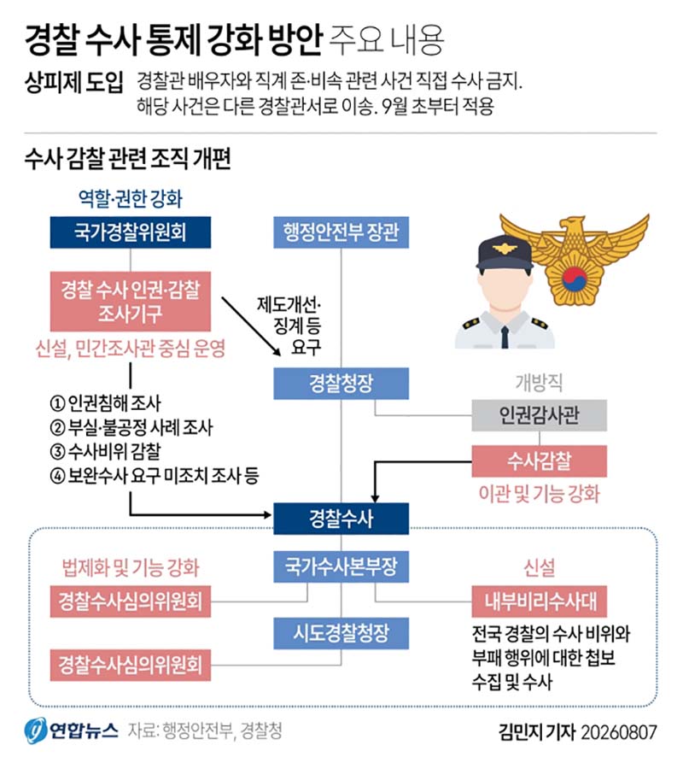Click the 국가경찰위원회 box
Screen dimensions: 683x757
point(131,232)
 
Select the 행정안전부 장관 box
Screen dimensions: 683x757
point(341,232)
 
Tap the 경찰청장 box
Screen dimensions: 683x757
point(341,384)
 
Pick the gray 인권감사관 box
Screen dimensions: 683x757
point(539,415)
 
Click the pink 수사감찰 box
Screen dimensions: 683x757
point(539,461)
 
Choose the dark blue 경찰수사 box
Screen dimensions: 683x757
point(341,519)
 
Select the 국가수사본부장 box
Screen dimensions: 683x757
point(341,566)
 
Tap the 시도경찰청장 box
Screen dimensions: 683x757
point(341,633)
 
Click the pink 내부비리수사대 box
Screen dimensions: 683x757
point(539,601)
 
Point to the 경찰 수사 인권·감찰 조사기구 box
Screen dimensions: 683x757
point(131,302)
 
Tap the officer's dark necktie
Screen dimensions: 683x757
point(505,337)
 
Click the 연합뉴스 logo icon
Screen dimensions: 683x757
point(35,731)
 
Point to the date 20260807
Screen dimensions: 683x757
point(619,732)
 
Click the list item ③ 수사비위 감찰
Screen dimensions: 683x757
point(106,451)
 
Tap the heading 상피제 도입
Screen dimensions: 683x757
point(73,82)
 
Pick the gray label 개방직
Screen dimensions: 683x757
point(539,383)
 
